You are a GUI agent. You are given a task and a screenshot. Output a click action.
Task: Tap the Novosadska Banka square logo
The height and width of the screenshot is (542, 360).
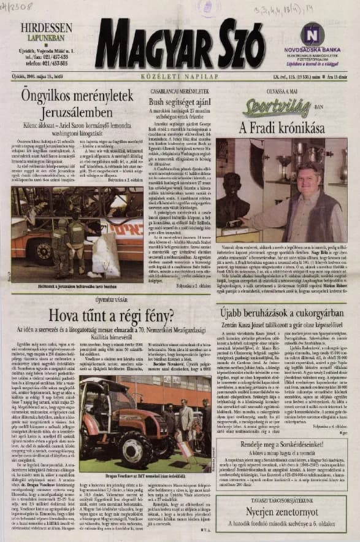[x=313, y=34]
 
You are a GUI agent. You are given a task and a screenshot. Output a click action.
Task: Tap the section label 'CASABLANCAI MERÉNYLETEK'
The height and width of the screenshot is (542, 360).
[x=182, y=89]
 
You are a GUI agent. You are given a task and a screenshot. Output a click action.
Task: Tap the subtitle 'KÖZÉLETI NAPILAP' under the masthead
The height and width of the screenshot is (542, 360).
[x=180, y=78]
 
